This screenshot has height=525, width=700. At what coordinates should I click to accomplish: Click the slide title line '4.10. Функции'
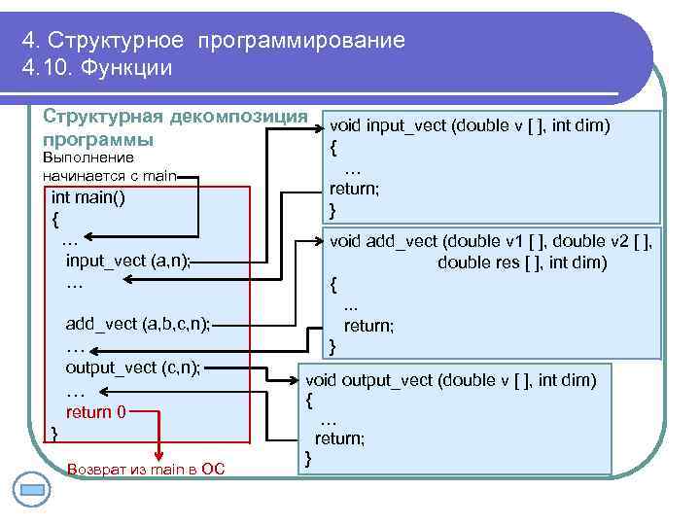(96, 68)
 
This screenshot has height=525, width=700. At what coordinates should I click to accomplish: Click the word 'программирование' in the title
(300, 41)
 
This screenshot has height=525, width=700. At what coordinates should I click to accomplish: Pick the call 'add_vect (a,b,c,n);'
(137, 324)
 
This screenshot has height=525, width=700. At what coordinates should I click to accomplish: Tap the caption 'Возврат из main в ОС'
(147, 470)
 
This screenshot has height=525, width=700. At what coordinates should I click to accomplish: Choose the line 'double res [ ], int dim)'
(522, 262)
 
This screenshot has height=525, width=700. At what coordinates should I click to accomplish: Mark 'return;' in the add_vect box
(368, 326)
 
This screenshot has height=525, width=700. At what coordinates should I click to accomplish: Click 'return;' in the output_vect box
(339, 438)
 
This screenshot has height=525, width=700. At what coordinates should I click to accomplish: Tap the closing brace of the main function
(54, 431)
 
